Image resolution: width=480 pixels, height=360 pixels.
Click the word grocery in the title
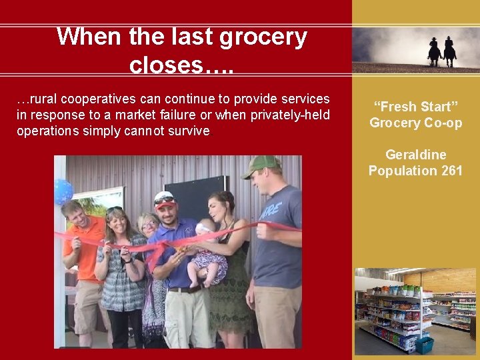(264, 37)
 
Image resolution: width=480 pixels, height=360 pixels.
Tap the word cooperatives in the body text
(91, 99)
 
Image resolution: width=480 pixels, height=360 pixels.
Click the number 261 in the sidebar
(451, 171)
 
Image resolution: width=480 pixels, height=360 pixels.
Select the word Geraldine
(416, 155)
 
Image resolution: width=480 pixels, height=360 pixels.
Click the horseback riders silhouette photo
(415, 49)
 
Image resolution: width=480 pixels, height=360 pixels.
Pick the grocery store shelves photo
(415, 311)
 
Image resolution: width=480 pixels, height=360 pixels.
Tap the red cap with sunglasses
(164, 199)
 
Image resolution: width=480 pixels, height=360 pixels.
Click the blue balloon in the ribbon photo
(63, 191)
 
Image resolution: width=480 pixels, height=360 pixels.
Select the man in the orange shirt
(82, 267)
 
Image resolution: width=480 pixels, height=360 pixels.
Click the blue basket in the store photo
(424, 345)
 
